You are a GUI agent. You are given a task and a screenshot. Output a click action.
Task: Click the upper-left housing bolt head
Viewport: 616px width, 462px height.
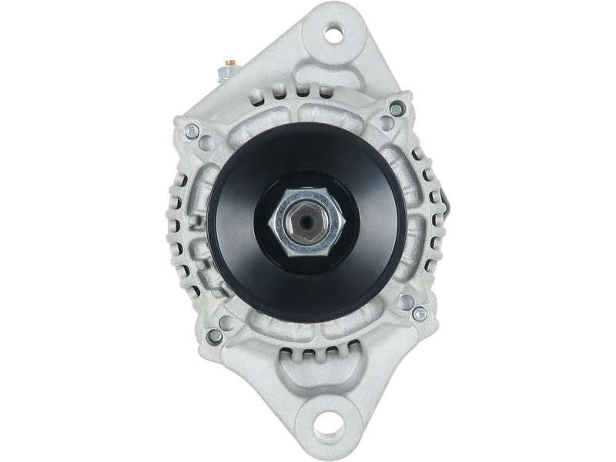[x=188, y=129]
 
